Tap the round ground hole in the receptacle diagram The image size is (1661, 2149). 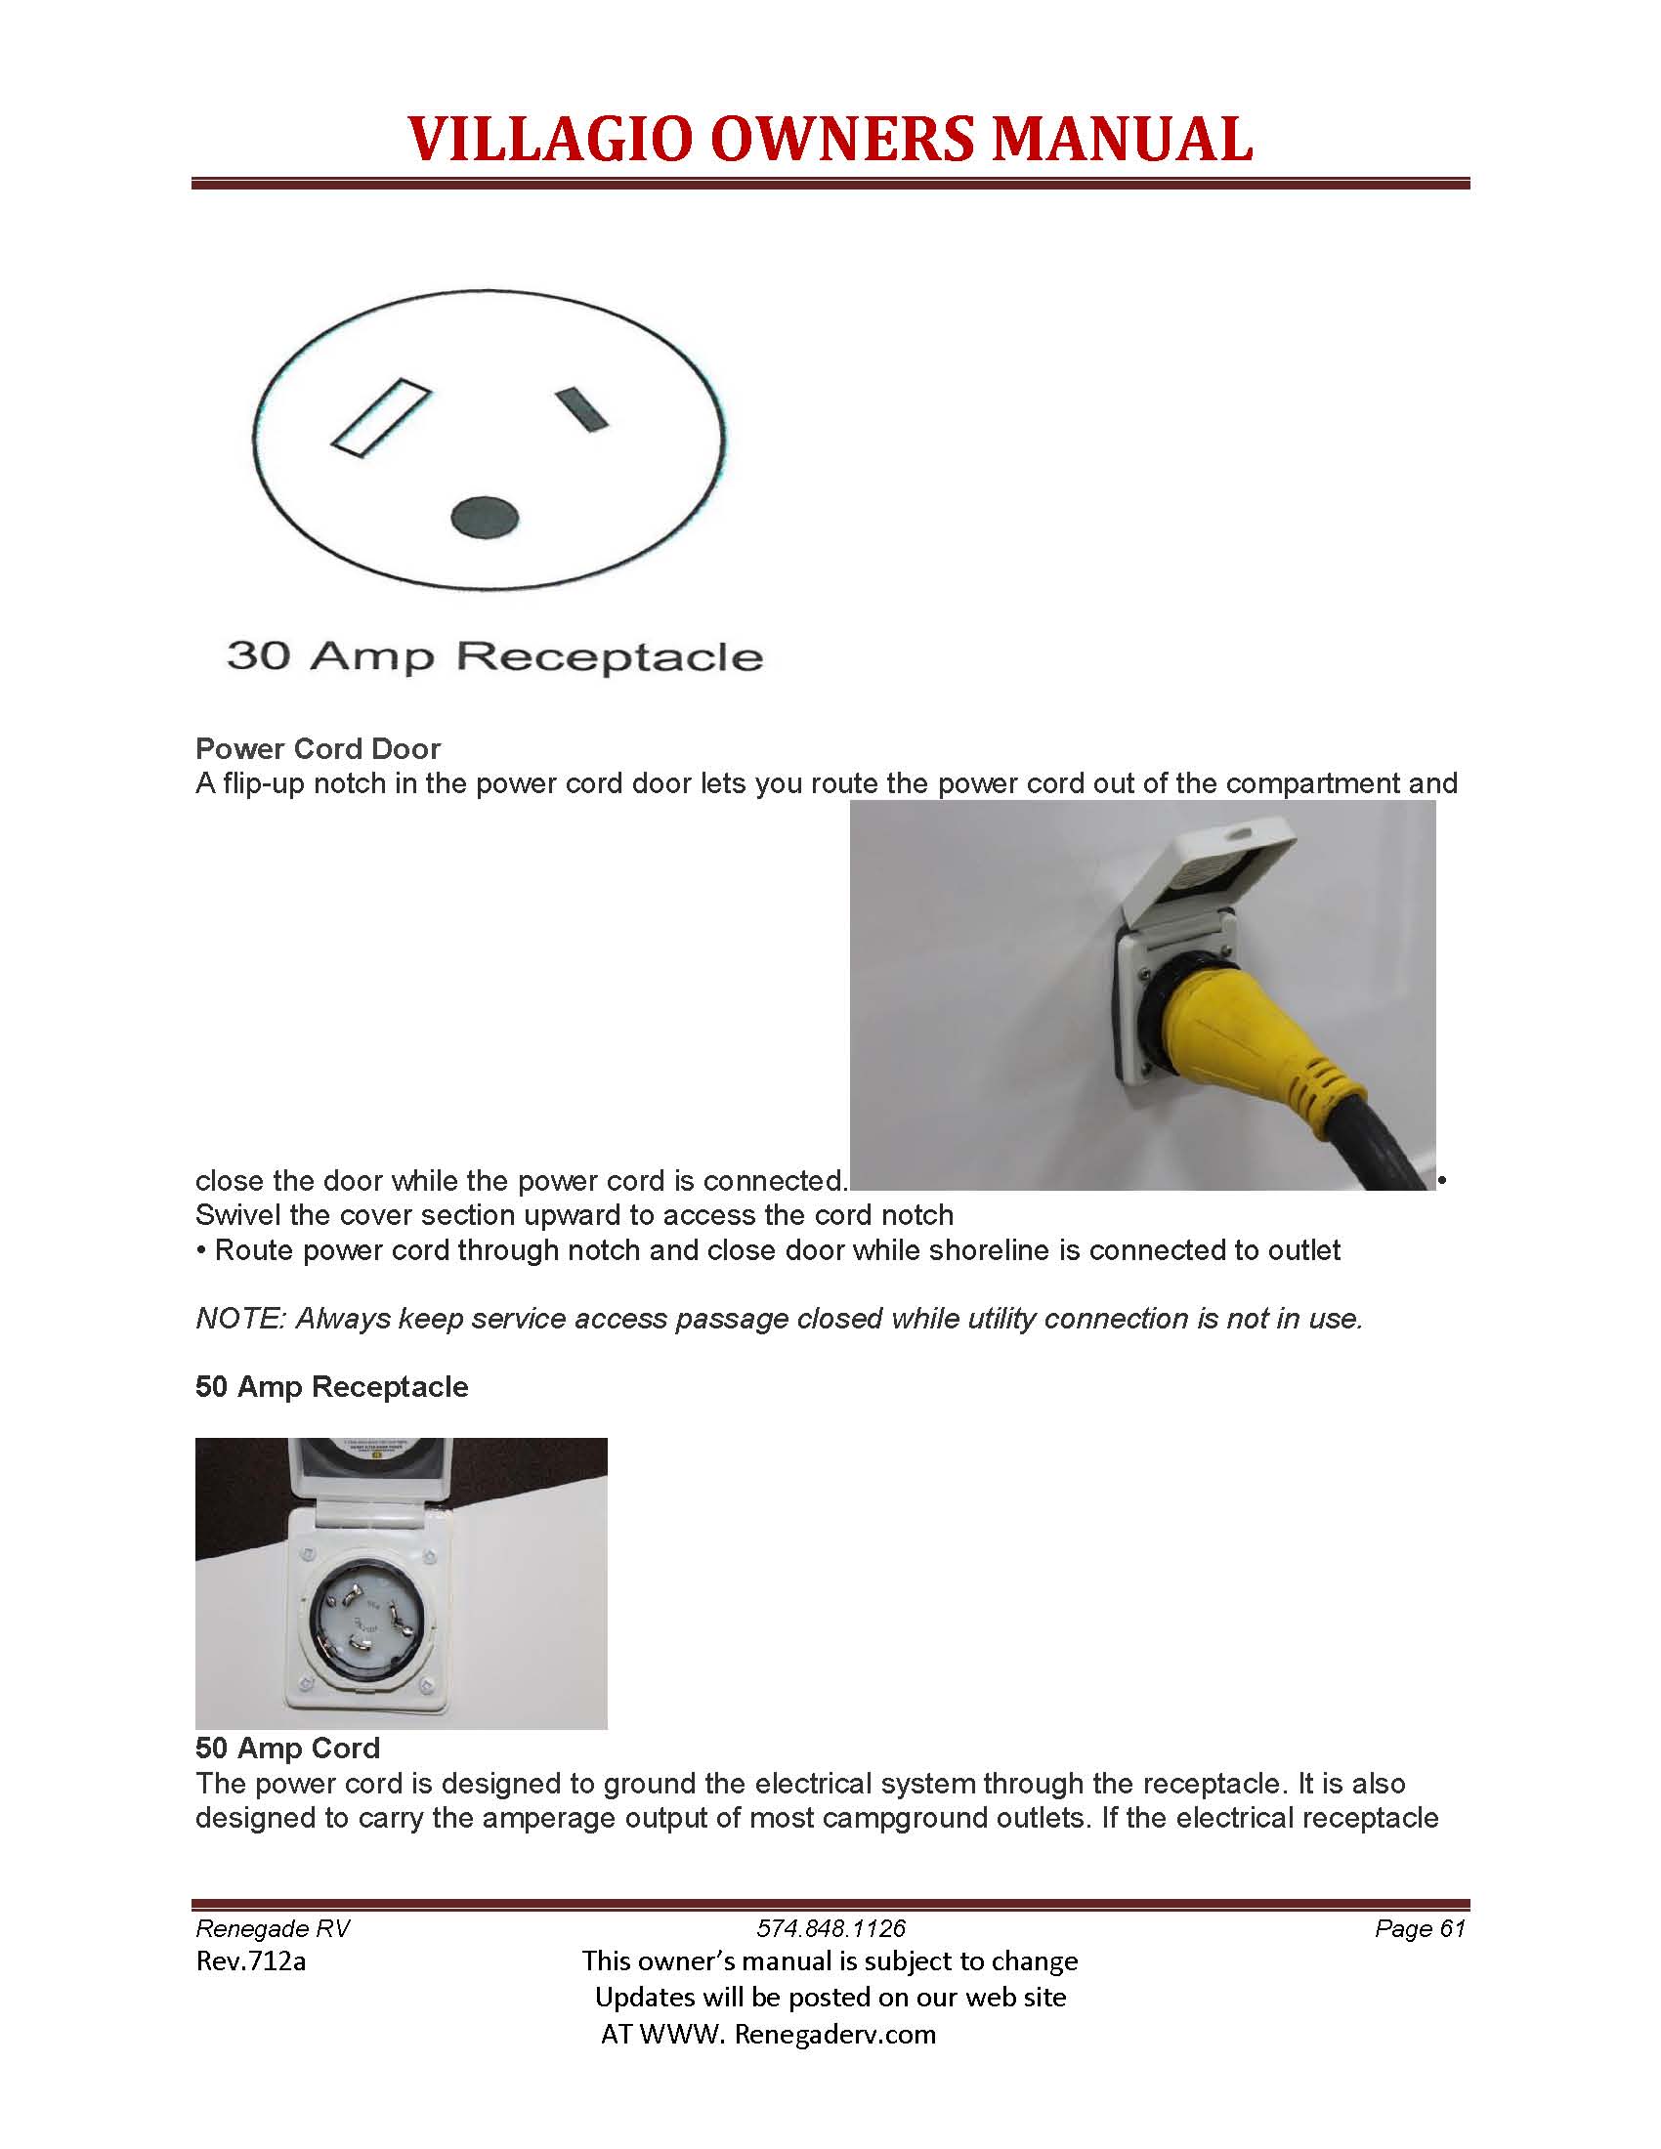pos(484,517)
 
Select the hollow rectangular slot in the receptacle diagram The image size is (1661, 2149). pos(382,417)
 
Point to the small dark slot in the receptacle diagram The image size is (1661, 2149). pos(581,409)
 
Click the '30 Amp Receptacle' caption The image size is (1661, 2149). pos(495,656)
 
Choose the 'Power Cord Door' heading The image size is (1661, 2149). pos(318,749)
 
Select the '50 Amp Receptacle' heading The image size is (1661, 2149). pos(331,1386)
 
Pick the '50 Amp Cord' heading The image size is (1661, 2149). pos(287,1748)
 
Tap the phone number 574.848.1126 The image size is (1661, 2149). pos(830,1928)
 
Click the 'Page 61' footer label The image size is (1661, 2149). pos(1420,1928)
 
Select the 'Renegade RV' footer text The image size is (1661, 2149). pos(273,1928)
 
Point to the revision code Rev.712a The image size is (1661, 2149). pos(251,1961)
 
